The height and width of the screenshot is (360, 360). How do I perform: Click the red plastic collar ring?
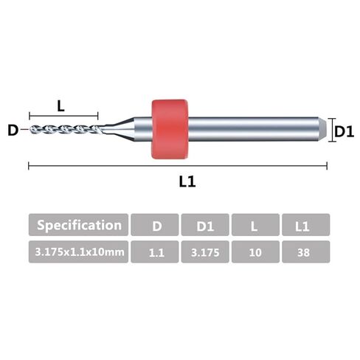tap(170, 129)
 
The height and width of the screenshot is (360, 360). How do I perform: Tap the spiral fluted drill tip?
tap(65, 129)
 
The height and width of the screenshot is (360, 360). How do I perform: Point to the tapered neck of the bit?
tap(118, 129)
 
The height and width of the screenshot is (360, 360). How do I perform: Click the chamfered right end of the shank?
tap(322, 129)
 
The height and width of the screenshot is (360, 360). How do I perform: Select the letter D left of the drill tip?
tap(13, 131)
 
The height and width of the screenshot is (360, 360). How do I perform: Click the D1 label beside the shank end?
tap(345, 132)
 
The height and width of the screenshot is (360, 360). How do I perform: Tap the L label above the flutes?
tap(60, 106)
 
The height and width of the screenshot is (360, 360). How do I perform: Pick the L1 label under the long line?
tap(187, 182)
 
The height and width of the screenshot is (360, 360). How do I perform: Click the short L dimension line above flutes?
tap(63, 116)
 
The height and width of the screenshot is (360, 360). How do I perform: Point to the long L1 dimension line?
tap(178, 166)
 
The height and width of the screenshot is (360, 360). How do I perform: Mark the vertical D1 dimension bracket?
tap(332, 130)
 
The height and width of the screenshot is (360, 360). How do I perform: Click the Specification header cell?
tap(78, 225)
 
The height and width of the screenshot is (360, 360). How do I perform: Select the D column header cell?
tap(155, 225)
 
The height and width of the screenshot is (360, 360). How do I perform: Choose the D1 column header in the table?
tap(205, 225)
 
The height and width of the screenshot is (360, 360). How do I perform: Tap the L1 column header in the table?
tap(306, 225)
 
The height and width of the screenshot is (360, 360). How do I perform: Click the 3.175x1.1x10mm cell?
tap(78, 252)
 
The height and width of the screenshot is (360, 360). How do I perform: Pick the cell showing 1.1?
tap(155, 252)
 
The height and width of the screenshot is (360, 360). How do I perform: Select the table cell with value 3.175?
tap(205, 252)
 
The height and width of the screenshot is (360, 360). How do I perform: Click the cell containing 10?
tap(255, 252)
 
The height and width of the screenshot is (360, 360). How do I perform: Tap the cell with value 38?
tap(306, 252)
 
